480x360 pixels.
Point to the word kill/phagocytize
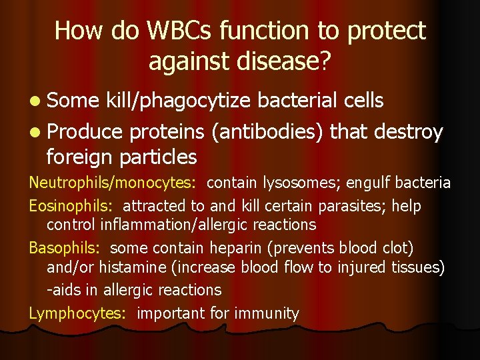[178, 101]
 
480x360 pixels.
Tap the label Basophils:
[65, 248]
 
